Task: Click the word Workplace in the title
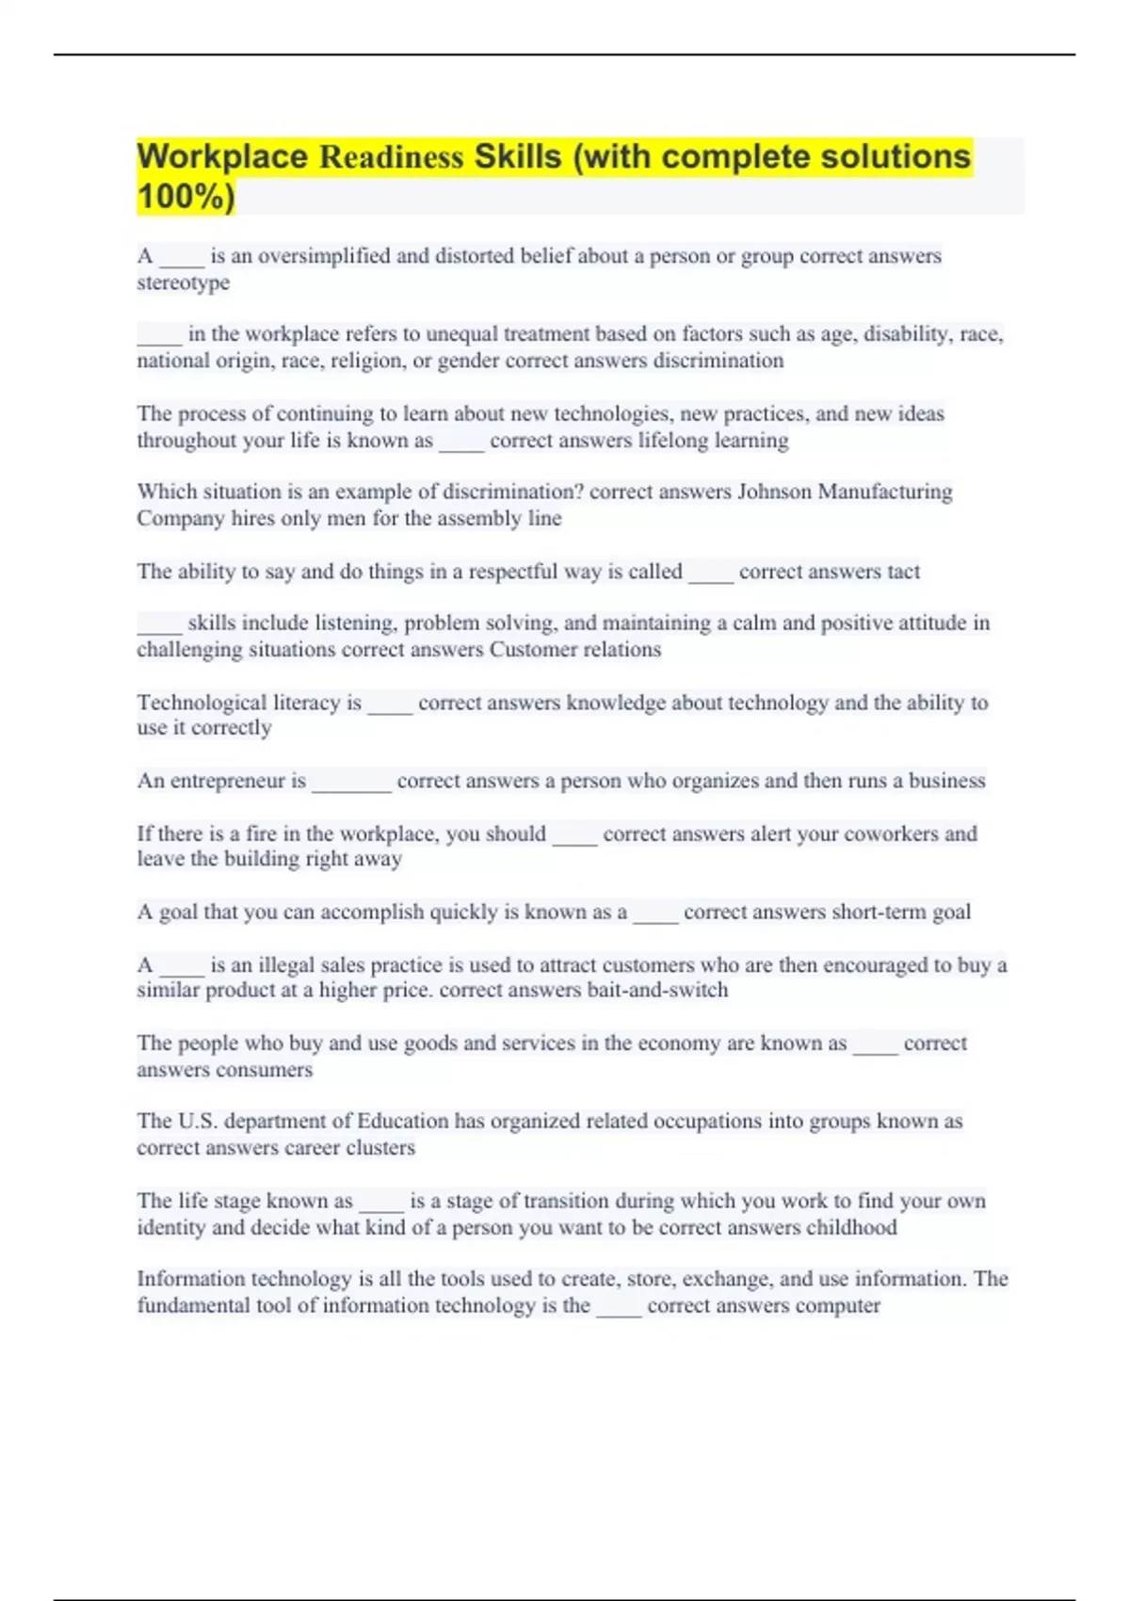tap(222, 157)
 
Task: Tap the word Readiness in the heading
tap(391, 157)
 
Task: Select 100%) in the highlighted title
tap(186, 197)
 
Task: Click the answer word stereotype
tap(183, 283)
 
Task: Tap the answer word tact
tap(903, 572)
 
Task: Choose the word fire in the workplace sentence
tap(261, 833)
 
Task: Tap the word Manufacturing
tap(885, 492)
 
